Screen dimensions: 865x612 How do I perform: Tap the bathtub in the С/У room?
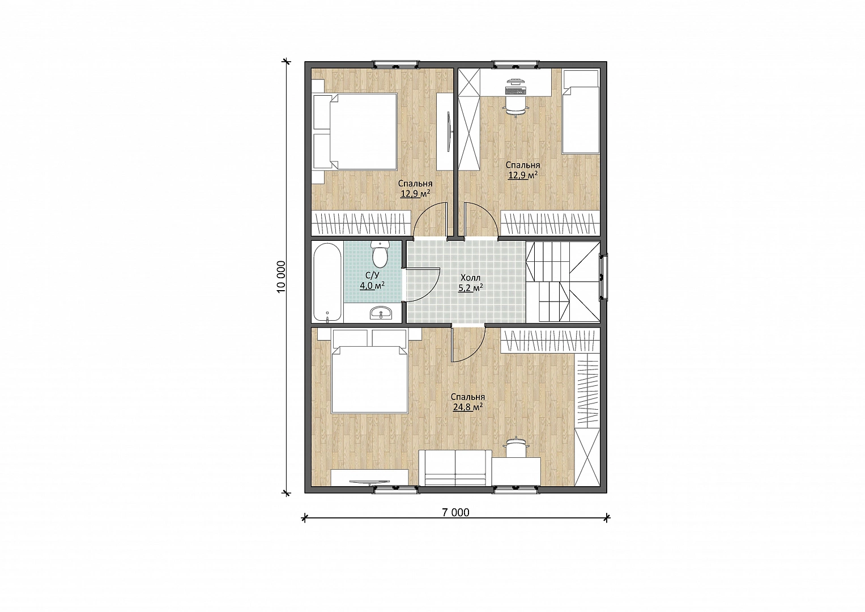327,282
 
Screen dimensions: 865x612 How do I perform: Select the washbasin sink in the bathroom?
381,313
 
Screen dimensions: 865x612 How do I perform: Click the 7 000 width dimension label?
455,512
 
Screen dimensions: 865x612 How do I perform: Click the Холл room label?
470,278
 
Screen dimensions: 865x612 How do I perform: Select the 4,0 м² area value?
101,286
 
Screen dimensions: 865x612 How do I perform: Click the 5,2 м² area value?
470,288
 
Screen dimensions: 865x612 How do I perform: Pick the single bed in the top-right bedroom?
581,117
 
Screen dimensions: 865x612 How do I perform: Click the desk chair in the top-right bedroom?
515,105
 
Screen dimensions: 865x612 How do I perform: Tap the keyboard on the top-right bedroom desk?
515,91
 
